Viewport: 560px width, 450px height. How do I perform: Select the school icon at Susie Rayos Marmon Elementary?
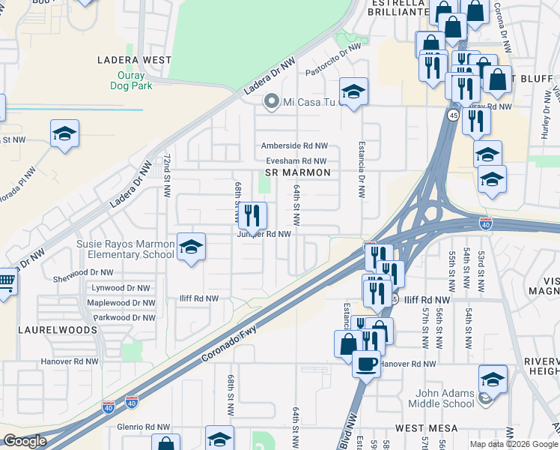tap(191, 247)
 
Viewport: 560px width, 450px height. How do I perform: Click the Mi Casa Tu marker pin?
tap(271, 101)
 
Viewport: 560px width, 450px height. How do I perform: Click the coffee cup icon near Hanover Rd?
tap(366, 364)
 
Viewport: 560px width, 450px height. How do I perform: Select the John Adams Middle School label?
tap(440, 397)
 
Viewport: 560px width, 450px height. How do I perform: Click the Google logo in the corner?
tap(25, 441)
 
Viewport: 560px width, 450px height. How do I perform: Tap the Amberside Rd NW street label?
tap(294, 145)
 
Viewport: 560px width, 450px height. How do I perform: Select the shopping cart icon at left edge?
tap(6, 283)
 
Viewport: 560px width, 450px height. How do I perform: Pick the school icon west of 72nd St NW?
tap(65, 133)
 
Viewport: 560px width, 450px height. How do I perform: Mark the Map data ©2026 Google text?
tap(514, 444)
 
